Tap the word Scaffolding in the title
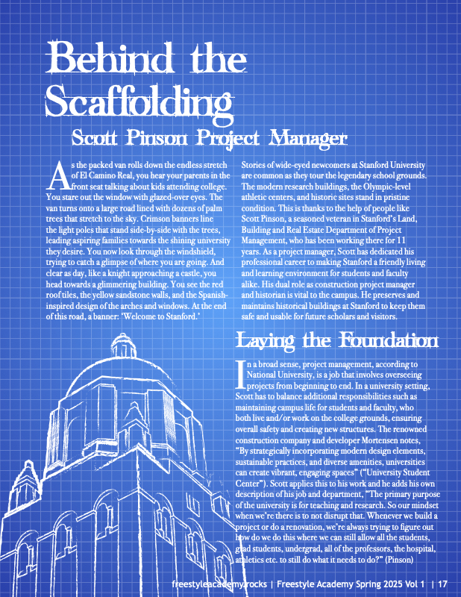coord(128,97)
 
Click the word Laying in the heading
coord(266,342)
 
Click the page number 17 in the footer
coord(442,584)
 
